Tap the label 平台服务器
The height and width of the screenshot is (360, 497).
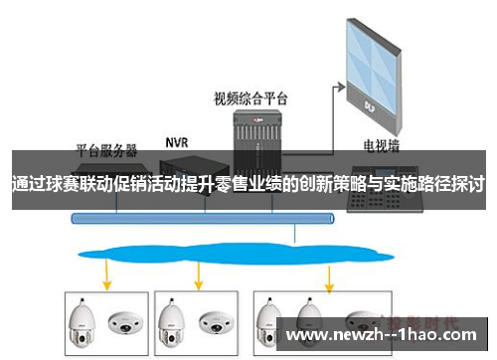[x=107, y=150]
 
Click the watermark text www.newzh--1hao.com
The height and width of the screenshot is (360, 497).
[x=387, y=334]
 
